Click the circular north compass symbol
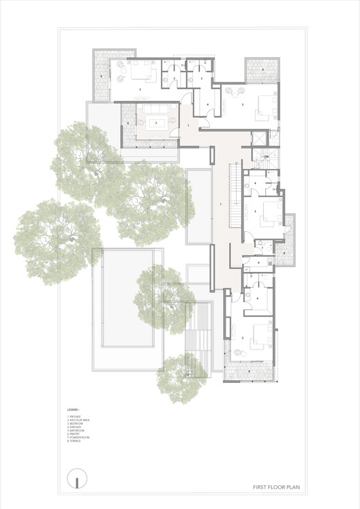(78, 478)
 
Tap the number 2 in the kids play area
(157, 123)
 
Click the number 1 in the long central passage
(221, 204)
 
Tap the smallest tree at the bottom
(181, 377)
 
